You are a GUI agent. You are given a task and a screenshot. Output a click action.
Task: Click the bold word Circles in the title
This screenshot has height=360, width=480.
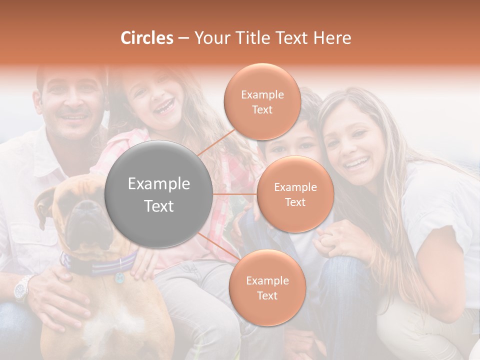[x=147, y=38]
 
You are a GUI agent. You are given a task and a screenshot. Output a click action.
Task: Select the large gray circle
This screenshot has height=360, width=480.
[x=159, y=194]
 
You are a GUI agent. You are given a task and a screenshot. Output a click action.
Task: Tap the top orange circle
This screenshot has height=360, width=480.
[x=262, y=101]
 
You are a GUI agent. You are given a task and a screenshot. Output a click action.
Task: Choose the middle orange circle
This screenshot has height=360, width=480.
[x=295, y=194]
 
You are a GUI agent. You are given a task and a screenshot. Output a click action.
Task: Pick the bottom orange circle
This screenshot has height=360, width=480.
[x=267, y=288]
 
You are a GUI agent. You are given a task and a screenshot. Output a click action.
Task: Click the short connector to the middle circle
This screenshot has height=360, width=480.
[x=235, y=194]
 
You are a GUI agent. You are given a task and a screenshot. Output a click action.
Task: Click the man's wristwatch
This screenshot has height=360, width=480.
[x=22, y=288]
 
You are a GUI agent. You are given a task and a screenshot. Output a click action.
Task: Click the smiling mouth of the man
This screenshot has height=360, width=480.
[x=74, y=117]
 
